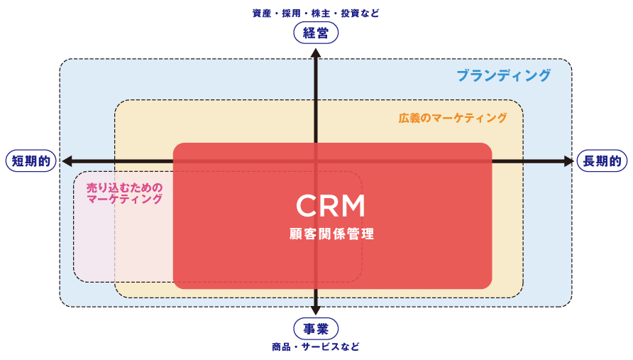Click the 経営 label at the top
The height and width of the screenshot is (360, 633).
point(316,33)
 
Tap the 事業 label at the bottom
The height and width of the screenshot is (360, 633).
point(316,329)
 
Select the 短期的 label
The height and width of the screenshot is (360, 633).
point(31,161)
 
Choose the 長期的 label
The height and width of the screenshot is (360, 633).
point(602,161)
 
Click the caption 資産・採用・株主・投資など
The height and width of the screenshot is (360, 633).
point(316,13)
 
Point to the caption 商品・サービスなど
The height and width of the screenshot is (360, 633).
point(316,347)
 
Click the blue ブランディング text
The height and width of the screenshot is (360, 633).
point(504,75)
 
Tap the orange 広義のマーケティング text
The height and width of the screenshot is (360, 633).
point(453,118)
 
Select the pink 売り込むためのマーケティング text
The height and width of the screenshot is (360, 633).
point(125,194)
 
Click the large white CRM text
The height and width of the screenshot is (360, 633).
point(331,206)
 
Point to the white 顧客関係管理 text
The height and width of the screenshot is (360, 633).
point(331,234)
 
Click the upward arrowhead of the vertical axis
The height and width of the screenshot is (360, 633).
point(316,53)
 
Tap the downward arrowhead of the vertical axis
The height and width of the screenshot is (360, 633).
point(316,310)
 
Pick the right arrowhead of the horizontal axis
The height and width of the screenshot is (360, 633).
point(568,161)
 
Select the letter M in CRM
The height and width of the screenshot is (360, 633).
point(353,206)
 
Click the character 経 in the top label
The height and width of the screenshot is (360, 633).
point(309,33)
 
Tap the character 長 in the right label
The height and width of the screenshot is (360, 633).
point(589,161)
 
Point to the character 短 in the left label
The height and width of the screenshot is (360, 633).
point(18,161)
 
